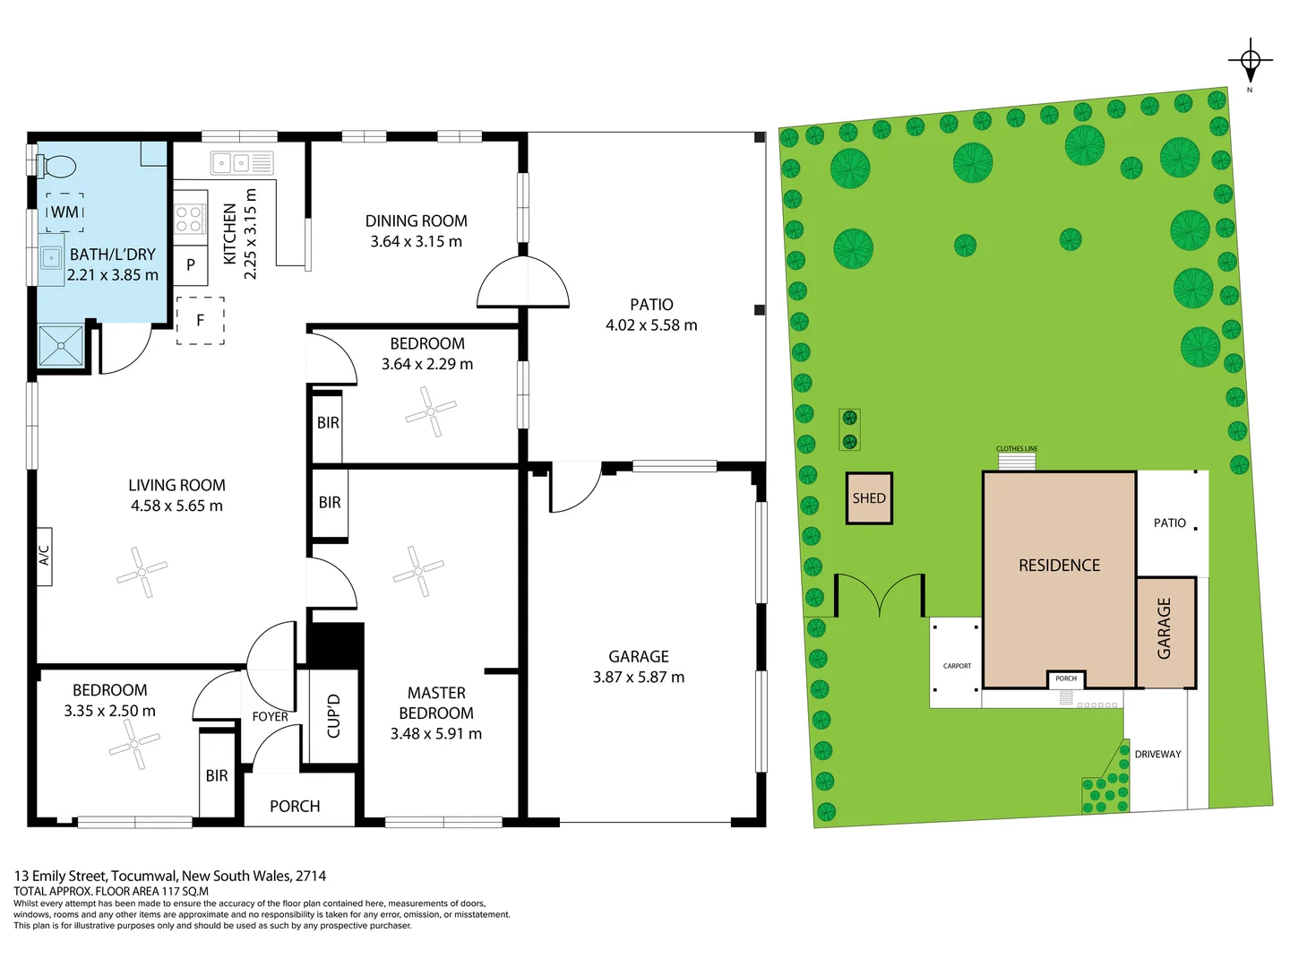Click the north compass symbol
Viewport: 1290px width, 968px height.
coord(1251,62)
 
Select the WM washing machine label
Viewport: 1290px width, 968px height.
coord(64,212)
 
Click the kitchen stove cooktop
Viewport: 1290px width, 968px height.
coord(189,219)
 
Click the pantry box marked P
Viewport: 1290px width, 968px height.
coord(190,265)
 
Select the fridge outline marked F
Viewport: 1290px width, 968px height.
coord(200,320)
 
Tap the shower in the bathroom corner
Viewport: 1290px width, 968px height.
coord(62,346)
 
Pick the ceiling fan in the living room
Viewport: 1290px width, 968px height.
coord(142,572)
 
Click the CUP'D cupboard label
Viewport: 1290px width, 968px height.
coord(333,716)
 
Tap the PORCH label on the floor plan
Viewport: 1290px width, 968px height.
coord(295,807)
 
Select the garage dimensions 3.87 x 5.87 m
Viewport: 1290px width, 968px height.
coord(638,678)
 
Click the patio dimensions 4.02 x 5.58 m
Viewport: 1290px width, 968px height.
coord(651,325)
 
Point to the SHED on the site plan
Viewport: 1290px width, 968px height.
coord(869,498)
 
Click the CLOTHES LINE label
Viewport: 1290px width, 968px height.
coord(1017,449)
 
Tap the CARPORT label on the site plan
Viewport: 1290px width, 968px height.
coord(957,666)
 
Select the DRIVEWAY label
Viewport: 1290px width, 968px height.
coord(1157,755)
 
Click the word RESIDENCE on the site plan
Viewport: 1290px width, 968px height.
coord(1059,566)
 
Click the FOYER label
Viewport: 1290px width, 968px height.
coord(270,717)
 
